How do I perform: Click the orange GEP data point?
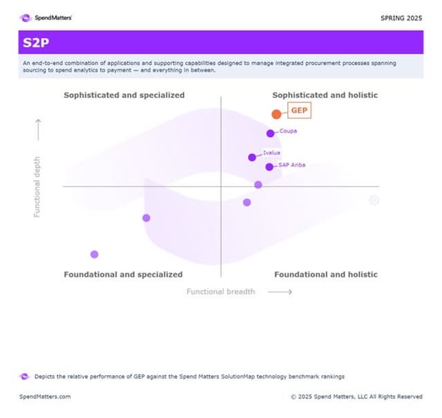point(276,114)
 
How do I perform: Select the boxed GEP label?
point(299,111)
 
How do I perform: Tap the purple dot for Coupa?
point(270,133)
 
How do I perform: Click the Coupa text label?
point(288,131)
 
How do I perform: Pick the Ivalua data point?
point(252,157)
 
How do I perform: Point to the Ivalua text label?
point(271,153)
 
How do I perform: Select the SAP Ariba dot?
point(269,167)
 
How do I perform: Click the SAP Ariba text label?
point(291,165)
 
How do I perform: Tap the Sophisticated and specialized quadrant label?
point(124,95)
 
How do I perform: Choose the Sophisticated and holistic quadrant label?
point(325,95)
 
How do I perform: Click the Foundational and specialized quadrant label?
point(123,274)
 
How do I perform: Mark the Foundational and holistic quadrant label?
point(325,274)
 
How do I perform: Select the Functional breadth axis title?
point(220,292)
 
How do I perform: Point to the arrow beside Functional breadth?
point(280,292)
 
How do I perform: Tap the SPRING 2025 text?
point(401,17)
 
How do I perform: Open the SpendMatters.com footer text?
point(44,397)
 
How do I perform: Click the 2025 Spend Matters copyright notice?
point(356,397)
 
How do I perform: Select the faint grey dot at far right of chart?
point(374,200)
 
